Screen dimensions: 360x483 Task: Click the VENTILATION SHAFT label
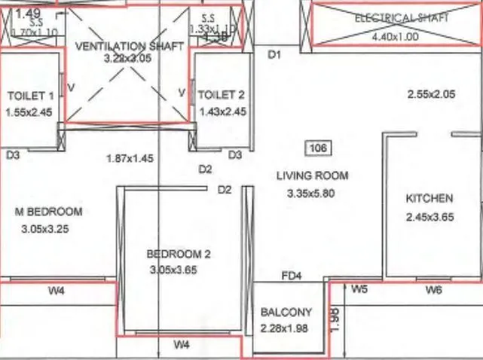point(130,46)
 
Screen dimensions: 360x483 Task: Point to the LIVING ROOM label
point(312,175)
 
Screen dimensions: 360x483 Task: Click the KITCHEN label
point(430,199)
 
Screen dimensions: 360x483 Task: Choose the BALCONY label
point(286,312)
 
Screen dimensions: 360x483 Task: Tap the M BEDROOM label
point(49,212)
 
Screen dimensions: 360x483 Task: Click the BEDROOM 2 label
point(179,254)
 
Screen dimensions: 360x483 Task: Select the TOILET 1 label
point(30,96)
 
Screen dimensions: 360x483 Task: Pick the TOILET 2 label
point(222,94)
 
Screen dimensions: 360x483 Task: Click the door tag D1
point(274,54)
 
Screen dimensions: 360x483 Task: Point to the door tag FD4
point(292,276)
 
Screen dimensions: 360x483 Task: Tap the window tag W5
point(359,289)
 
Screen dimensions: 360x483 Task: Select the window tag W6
point(433,289)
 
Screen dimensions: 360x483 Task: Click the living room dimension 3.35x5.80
point(310,193)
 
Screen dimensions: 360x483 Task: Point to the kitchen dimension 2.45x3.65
point(430,217)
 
